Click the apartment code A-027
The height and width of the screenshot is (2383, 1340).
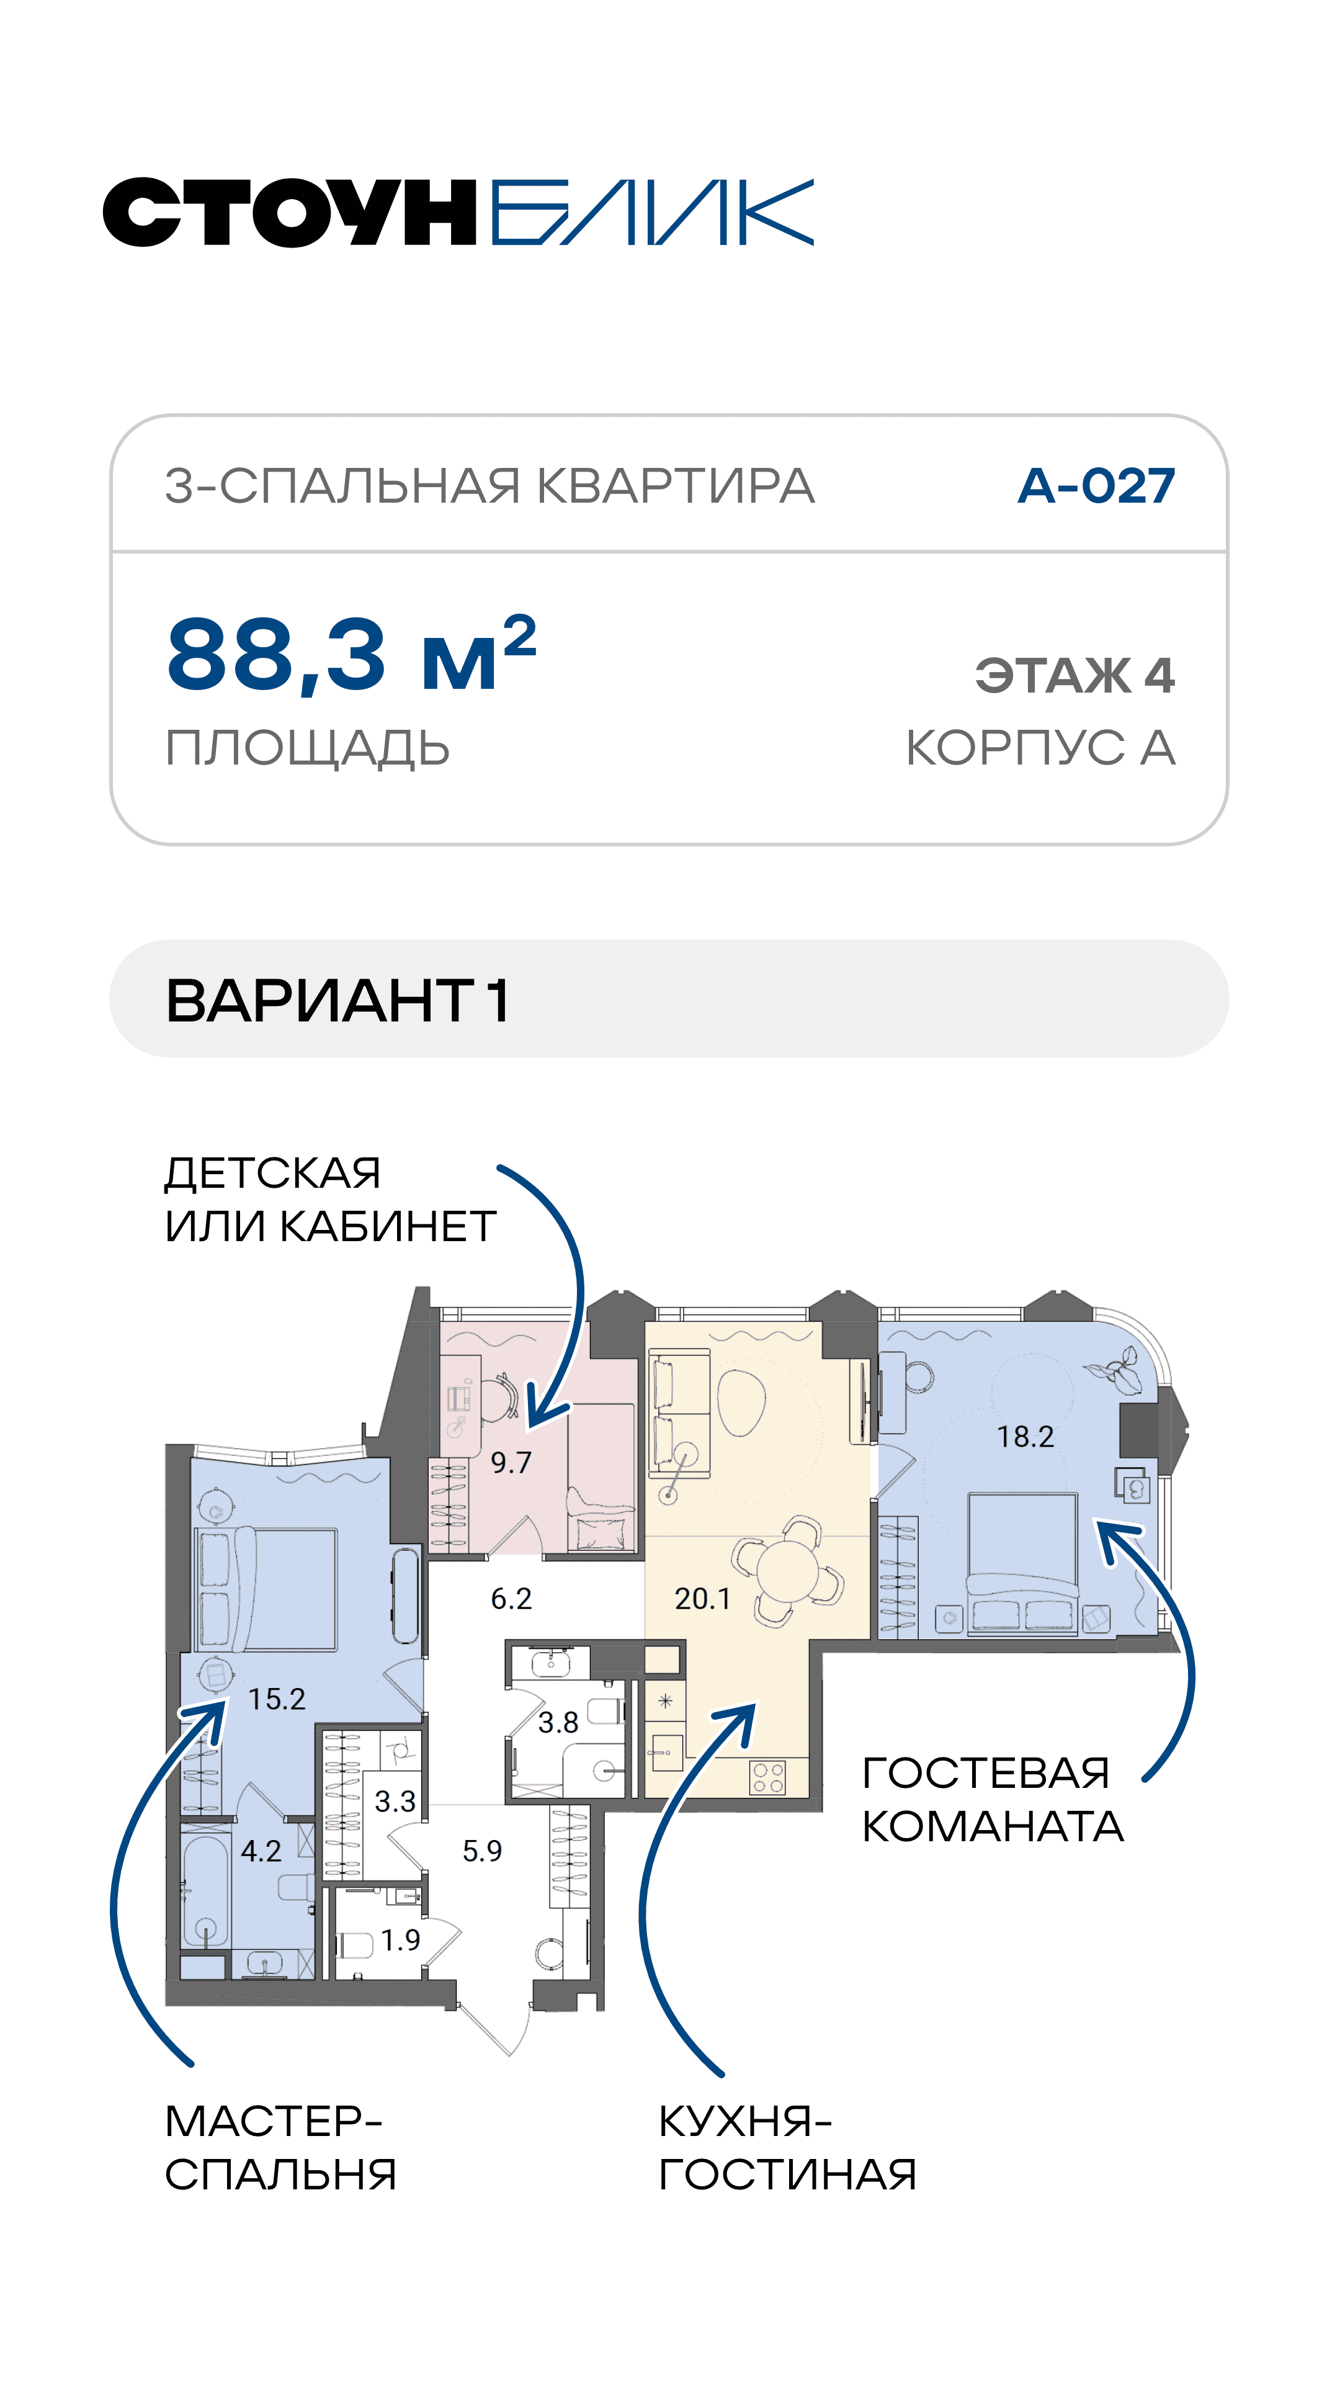click(x=1096, y=486)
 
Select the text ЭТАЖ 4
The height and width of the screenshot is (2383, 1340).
click(x=1074, y=675)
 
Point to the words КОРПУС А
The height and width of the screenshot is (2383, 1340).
click(x=1040, y=747)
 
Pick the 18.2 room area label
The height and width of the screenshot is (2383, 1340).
click(x=1025, y=1437)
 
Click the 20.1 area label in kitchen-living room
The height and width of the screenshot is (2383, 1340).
click(x=703, y=1599)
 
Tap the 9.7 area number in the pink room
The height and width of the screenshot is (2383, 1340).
click(x=511, y=1463)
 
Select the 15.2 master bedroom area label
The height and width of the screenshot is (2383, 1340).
click(x=277, y=1699)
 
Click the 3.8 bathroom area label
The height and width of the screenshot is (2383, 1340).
click(x=558, y=1723)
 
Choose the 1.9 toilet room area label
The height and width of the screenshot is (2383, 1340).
click(x=400, y=1940)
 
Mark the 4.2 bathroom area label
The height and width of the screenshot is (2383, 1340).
click(x=261, y=1851)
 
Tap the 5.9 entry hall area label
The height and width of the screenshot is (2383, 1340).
click(x=482, y=1851)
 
